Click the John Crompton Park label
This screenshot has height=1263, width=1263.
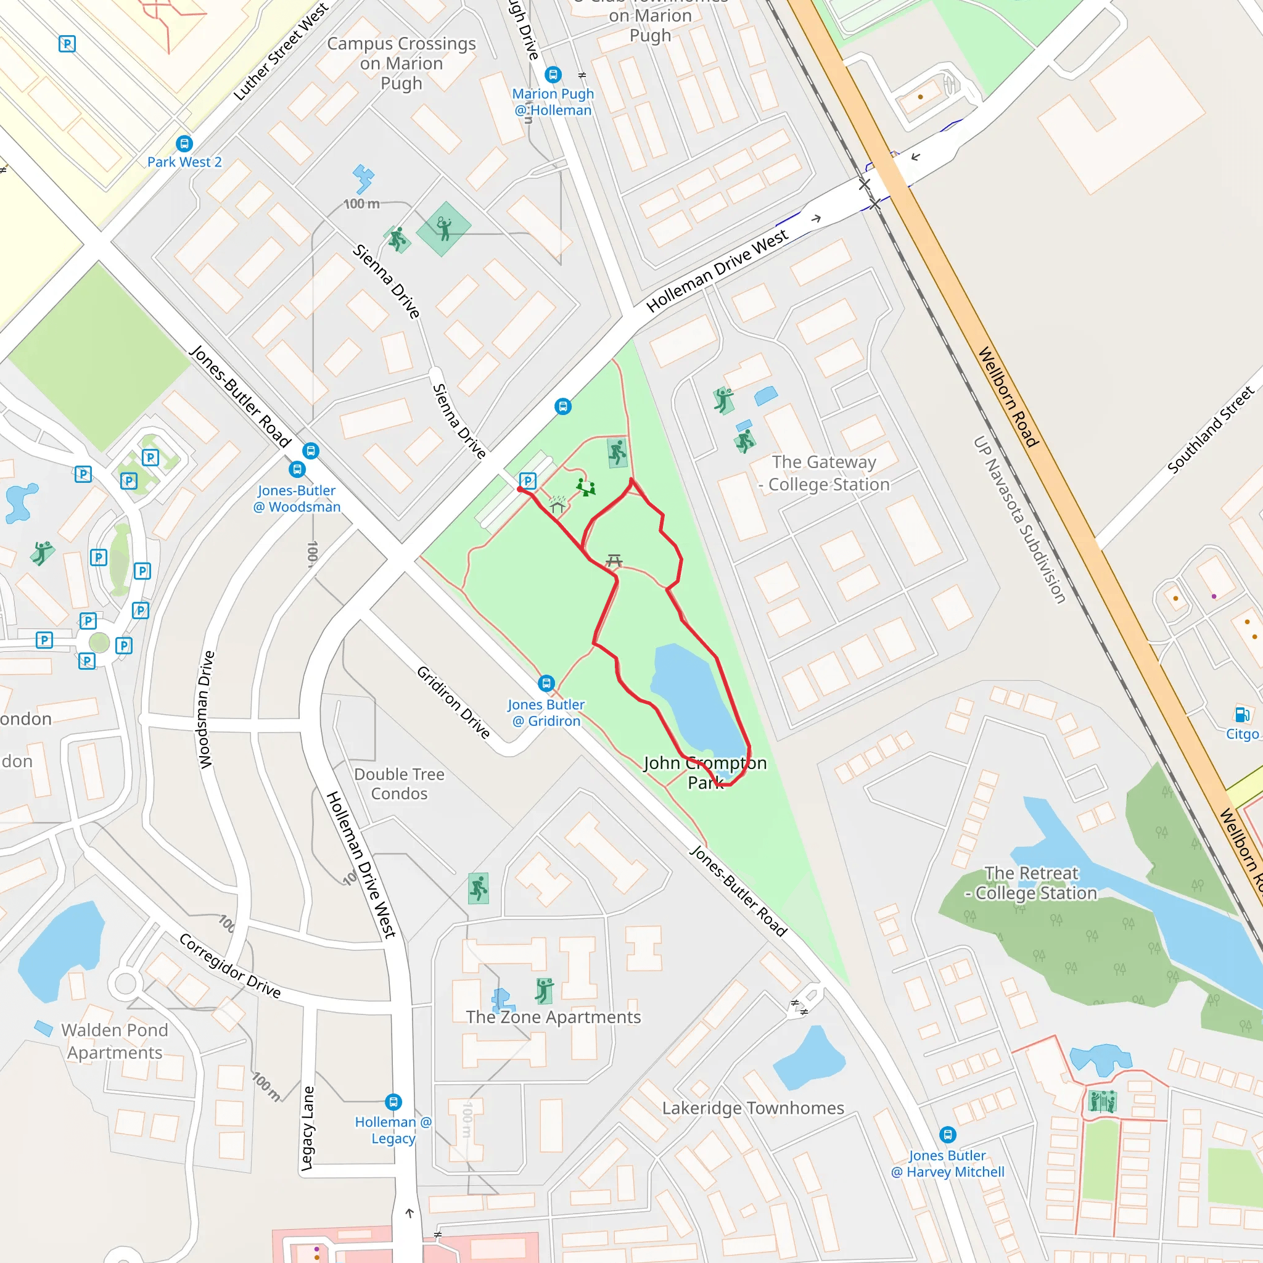706,772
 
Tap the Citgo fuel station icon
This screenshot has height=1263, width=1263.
1242,714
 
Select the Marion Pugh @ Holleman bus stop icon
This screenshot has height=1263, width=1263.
553,75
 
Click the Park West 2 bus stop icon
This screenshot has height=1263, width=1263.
184,143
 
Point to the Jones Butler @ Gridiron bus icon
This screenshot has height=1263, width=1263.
546,683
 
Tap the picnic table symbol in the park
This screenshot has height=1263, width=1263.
614,560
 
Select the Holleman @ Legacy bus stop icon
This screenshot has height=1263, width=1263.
393,1102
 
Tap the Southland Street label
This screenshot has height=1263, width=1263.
1211,429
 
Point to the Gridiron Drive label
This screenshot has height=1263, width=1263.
454,702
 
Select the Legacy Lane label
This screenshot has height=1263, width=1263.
307,1128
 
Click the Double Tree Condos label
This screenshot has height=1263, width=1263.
399,783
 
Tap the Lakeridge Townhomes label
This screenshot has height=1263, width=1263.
752,1108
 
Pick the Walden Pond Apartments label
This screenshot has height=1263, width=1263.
115,1041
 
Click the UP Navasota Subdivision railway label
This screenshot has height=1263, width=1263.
1019,520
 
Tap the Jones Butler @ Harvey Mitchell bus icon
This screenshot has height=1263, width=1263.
947,1134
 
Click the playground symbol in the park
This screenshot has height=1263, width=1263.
585,487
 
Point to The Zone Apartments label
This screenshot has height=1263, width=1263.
553,1017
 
